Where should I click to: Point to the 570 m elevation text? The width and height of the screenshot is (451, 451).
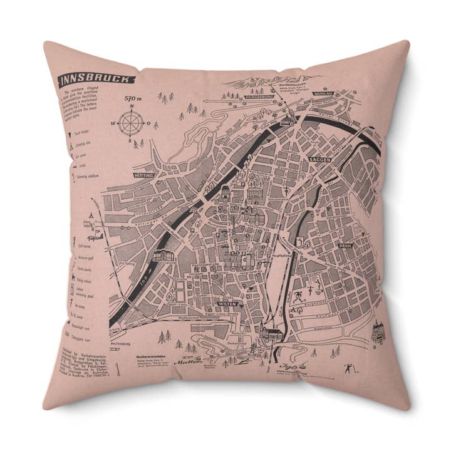133,99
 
